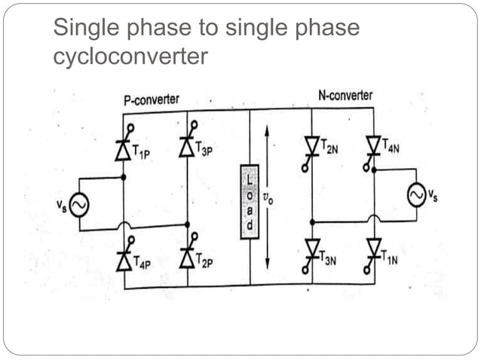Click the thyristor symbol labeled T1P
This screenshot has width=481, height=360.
pyautogui.click(x=123, y=149)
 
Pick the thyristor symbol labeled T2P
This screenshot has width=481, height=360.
pyautogui.click(x=186, y=258)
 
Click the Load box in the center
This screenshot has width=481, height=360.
pyautogui.click(x=249, y=201)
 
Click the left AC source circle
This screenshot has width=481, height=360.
pyautogui.click(x=78, y=204)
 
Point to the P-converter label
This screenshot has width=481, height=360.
pyautogui.click(x=151, y=99)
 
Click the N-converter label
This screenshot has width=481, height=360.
pyautogui.click(x=344, y=96)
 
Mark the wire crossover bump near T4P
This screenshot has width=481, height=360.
pyautogui.click(x=123, y=227)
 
